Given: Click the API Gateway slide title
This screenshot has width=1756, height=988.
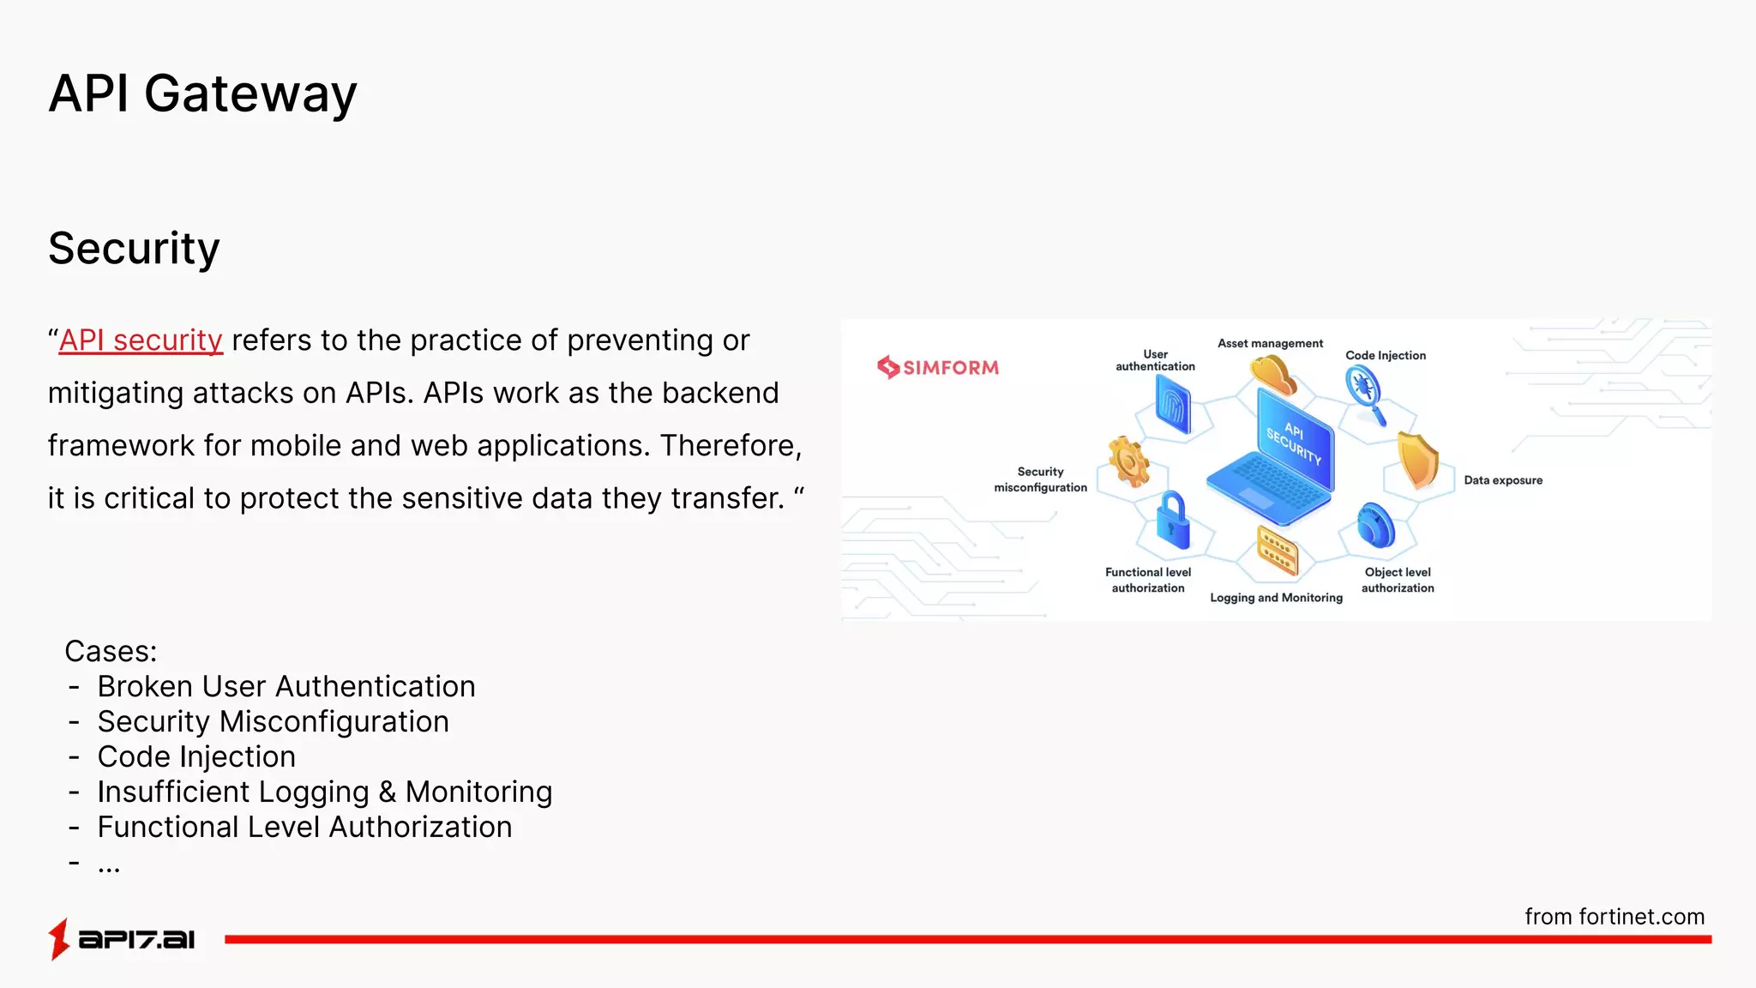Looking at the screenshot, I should pyautogui.click(x=202, y=93).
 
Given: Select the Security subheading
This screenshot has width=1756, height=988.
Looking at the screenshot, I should pyautogui.click(x=134, y=249).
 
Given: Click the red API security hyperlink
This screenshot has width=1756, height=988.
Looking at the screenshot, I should pyautogui.click(x=141, y=340).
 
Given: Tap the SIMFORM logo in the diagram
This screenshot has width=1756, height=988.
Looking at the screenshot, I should pyautogui.click(x=938, y=367).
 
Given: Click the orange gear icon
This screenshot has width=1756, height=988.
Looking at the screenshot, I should pyautogui.click(x=1128, y=461).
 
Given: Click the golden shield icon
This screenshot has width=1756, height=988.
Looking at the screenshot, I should pyautogui.click(x=1417, y=460).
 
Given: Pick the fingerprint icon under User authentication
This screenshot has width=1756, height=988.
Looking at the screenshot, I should pyautogui.click(x=1173, y=405).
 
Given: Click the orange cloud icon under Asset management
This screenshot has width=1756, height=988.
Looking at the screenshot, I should pyautogui.click(x=1272, y=376).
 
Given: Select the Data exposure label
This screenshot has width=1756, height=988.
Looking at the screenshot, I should pyautogui.click(x=1502, y=480).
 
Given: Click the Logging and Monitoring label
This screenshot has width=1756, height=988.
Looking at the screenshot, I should pyautogui.click(x=1276, y=598).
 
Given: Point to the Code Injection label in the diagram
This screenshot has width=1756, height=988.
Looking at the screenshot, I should pyautogui.click(x=1385, y=355).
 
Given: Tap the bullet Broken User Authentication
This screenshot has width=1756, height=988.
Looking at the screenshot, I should pyautogui.click(x=286, y=687).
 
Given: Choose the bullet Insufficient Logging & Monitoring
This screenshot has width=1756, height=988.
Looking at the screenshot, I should pyautogui.click(x=324, y=792).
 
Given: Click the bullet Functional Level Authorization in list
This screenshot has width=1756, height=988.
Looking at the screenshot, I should pyautogui.click(x=304, y=828).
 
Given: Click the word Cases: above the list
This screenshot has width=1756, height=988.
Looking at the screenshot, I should pyautogui.click(x=111, y=652).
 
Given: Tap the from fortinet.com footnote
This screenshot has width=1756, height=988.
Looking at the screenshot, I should pyautogui.click(x=1614, y=917).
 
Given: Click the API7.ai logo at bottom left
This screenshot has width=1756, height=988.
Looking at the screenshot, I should pyautogui.click(x=122, y=939).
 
